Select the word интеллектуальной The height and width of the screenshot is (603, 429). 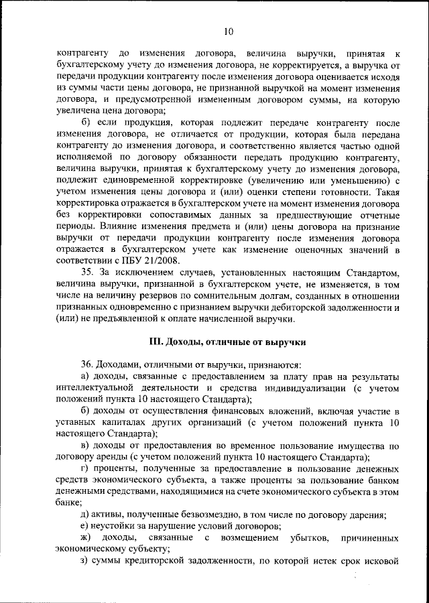point(98,388)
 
